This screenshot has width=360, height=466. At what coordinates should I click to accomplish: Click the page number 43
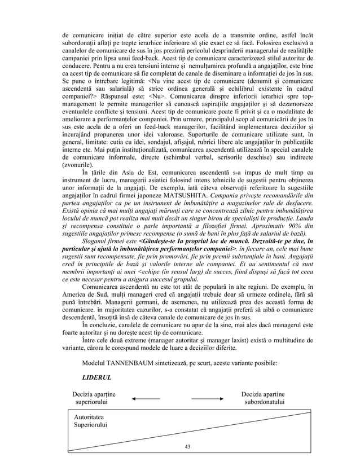[x=188, y=446]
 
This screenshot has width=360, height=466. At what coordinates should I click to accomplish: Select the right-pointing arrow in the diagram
[x=206, y=399]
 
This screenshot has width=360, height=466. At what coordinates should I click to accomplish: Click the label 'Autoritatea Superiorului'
[x=87, y=420]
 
